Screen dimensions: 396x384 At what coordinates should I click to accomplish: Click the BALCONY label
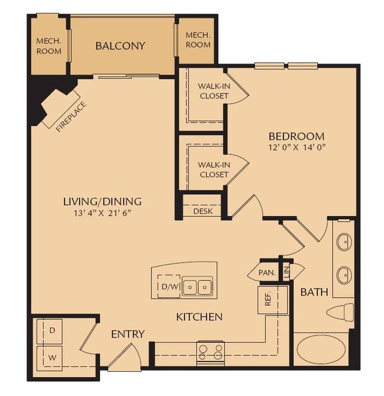[x=120, y=46]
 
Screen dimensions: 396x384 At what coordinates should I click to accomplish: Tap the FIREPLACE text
[x=71, y=117]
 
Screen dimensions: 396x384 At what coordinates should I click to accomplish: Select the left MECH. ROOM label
[x=48, y=46]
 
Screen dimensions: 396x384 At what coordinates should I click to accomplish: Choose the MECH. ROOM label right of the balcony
[x=198, y=40]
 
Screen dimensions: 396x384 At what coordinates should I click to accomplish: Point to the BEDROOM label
[x=296, y=136]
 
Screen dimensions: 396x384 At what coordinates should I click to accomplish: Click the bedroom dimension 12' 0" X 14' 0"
[x=296, y=146]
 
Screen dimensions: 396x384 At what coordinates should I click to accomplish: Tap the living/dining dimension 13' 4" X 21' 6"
[x=102, y=211]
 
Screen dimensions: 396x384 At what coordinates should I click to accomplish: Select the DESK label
[x=203, y=211]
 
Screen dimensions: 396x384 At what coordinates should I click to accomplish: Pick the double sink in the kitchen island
[x=198, y=288]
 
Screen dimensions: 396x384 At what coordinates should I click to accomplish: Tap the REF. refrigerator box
[x=268, y=300]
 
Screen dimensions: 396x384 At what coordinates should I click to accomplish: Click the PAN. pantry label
[x=266, y=273]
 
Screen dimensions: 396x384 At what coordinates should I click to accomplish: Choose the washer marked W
[x=52, y=357]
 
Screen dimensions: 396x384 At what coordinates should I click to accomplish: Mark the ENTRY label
[x=128, y=334]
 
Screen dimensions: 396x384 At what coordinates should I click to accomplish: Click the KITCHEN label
[x=199, y=317]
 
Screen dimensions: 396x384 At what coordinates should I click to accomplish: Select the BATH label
[x=311, y=292]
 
